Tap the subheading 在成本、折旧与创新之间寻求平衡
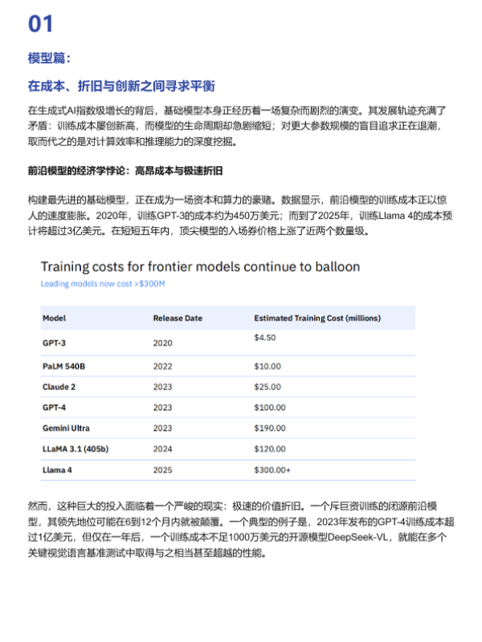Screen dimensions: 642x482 (121, 86)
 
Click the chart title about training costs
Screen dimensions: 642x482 (200, 266)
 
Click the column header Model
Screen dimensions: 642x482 (54, 318)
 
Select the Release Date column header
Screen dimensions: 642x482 (178, 318)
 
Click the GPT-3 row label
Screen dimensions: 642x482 (54, 342)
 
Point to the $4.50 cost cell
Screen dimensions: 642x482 (265, 338)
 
